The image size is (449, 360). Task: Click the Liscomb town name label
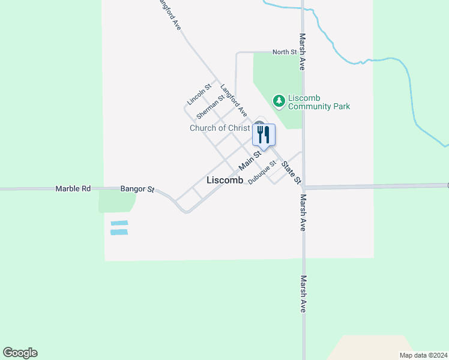(224, 180)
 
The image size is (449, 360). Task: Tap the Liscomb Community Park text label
(319, 102)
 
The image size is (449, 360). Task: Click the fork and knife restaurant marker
(262, 135)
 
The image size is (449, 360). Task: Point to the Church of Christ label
(220, 128)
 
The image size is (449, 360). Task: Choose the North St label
(285, 52)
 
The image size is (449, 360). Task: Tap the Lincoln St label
(200, 94)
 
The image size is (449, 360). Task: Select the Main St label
(250, 160)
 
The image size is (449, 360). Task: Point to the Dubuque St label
(262, 172)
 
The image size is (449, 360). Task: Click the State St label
(291, 172)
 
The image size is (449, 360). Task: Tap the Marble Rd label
(73, 188)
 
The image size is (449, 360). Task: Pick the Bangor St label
(137, 189)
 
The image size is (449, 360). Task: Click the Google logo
(20, 353)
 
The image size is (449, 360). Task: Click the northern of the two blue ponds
(119, 223)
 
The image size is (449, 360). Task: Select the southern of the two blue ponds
(119, 232)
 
